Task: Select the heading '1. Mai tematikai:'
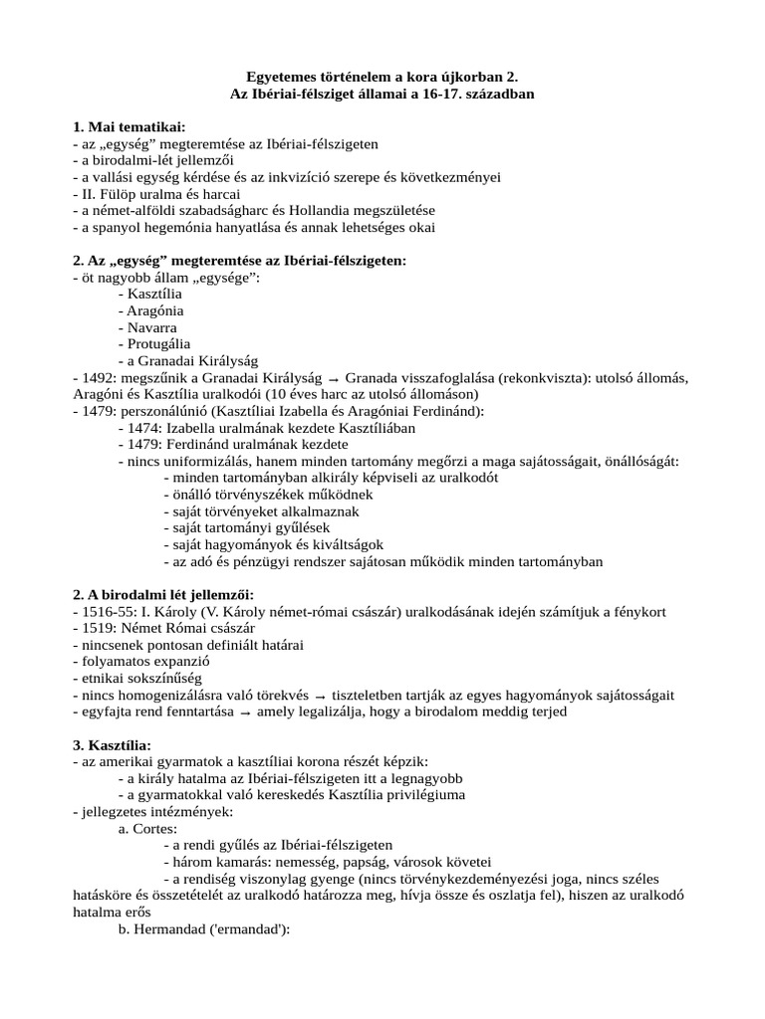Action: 128,127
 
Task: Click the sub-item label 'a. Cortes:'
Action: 147,829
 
